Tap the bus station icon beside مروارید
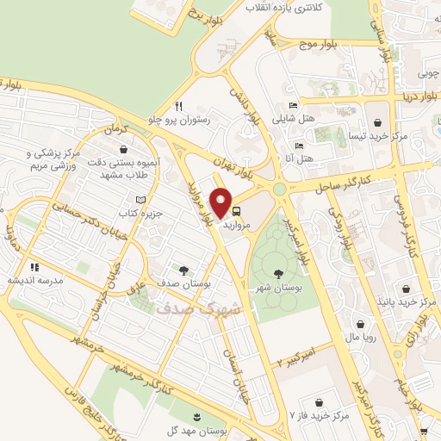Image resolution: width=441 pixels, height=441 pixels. pos(236,209)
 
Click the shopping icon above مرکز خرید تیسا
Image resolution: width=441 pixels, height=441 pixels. pos(380,121)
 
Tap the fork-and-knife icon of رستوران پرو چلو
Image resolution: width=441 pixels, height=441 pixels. pos(179,107)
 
